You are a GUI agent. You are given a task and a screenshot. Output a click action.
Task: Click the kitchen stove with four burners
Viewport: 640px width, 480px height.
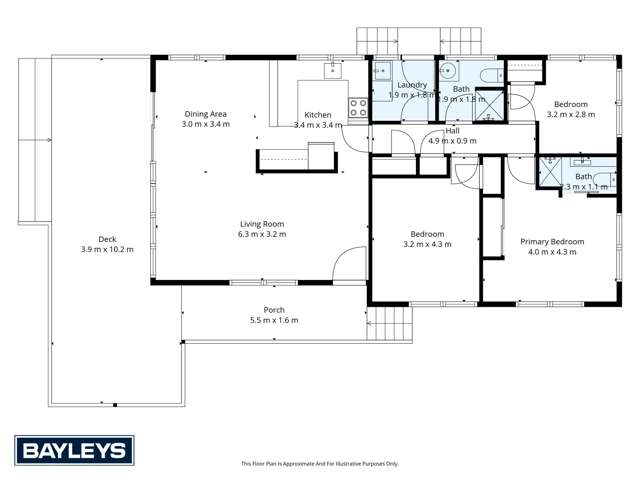click(x=358, y=108)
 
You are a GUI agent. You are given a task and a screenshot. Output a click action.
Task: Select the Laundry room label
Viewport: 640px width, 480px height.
click(x=412, y=86)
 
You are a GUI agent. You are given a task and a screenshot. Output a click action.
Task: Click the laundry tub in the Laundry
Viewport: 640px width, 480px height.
click(x=382, y=70)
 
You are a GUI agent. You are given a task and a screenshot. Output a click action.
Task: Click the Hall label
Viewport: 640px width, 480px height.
click(x=452, y=131)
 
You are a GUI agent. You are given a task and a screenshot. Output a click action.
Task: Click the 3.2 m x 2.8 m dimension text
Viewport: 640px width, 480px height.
click(x=570, y=114)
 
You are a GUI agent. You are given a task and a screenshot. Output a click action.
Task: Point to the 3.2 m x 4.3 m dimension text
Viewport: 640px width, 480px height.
click(x=423, y=244)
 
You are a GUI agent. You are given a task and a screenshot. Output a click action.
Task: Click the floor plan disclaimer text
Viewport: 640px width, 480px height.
click(x=319, y=464)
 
